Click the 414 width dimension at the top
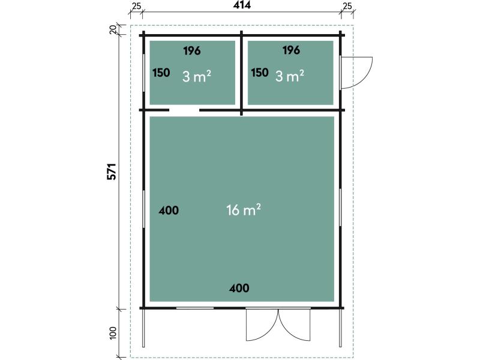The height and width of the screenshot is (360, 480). [242, 5]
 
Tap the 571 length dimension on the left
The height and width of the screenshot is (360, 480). [112, 172]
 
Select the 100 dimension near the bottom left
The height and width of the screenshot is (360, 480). [113, 333]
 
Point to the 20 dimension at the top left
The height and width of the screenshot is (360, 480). [113, 29]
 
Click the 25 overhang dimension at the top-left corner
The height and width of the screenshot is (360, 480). [137, 6]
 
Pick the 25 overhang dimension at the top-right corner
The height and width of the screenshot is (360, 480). [347, 6]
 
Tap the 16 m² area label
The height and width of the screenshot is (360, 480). [244, 210]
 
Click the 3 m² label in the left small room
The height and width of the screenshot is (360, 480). [197, 76]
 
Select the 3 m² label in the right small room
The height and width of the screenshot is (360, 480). [290, 76]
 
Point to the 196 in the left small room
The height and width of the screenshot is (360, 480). [192, 51]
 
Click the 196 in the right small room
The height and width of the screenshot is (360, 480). [291, 50]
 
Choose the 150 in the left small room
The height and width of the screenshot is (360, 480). [161, 73]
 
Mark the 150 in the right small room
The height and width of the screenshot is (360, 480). [260, 73]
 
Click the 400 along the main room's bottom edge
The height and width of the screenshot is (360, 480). [239, 288]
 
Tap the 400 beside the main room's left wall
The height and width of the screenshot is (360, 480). [169, 211]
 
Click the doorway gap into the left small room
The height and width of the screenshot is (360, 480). [184, 110]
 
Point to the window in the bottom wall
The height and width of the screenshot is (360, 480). [194, 308]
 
